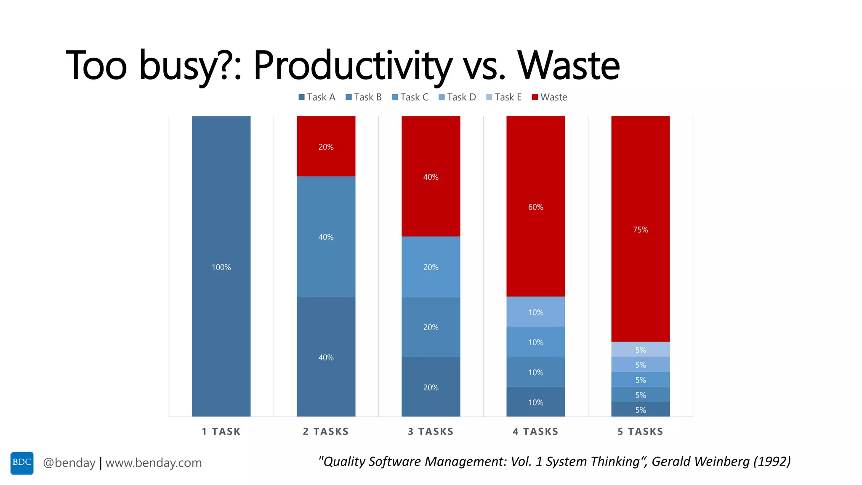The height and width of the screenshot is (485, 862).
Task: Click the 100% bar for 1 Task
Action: click(221, 266)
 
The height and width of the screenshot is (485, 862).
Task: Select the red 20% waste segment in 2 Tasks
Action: click(326, 146)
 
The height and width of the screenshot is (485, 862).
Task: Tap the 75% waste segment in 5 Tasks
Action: click(640, 229)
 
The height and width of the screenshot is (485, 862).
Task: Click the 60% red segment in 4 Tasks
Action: click(535, 206)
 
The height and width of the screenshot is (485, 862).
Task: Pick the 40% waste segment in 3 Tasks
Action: click(431, 176)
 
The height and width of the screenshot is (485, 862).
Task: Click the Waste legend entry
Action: click(549, 97)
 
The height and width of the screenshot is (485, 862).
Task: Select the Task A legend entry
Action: click(317, 97)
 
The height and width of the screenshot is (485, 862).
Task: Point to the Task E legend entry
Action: click(504, 97)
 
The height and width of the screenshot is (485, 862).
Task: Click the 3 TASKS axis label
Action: click(431, 432)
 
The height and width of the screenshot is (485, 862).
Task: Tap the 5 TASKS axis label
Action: click(640, 432)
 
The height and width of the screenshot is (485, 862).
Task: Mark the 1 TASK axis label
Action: click(221, 432)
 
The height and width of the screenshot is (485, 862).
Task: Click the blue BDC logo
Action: click(22, 463)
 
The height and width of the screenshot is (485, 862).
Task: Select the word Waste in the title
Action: click(568, 65)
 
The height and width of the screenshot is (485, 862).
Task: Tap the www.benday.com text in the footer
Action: click(154, 463)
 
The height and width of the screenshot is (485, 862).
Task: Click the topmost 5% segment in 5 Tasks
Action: click(640, 349)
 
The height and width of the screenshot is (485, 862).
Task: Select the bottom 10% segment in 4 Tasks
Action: click(535, 402)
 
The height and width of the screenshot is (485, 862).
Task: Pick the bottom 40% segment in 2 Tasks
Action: click(326, 357)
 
